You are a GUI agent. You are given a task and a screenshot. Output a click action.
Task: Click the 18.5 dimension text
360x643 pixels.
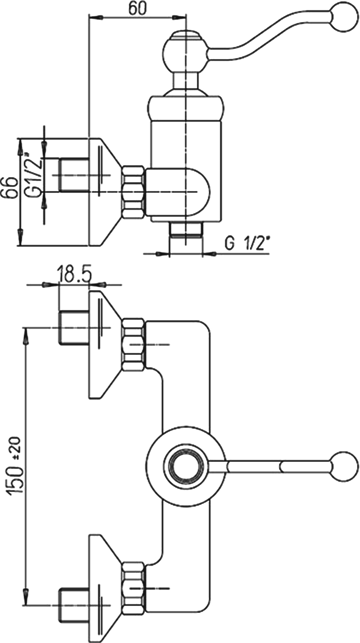pyautogui.click(x=74, y=274)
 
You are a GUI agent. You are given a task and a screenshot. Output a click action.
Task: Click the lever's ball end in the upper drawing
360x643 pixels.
pyautogui.click(x=344, y=15)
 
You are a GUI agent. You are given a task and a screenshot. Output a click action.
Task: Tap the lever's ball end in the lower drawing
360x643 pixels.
pyautogui.click(x=344, y=465)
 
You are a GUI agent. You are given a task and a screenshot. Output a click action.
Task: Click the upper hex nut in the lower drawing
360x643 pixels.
pyautogui.click(x=134, y=344)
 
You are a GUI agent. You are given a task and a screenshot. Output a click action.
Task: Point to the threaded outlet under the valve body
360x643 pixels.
pyautogui.click(x=186, y=230)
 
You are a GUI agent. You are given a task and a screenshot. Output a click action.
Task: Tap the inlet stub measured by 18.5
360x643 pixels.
pyautogui.click(x=74, y=328)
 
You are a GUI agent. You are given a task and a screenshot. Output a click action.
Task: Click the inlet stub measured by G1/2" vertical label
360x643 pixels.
pyautogui.click(x=74, y=175)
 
